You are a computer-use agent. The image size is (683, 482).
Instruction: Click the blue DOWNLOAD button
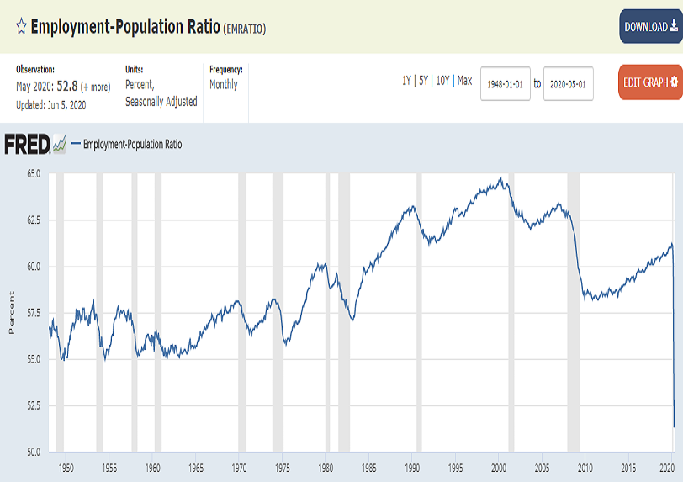[x=650, y=27]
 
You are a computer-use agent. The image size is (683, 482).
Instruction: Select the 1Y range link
[x=407, y=81]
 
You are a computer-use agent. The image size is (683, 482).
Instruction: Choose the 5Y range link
[x=425, y=81]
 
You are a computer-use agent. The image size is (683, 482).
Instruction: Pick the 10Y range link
[x=443, y=81]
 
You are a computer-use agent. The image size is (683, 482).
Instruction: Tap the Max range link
[x=464, y=81]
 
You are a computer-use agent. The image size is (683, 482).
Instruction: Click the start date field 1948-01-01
[x=506, y=84]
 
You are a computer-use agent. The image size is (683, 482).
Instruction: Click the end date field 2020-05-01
[x=569, y=84]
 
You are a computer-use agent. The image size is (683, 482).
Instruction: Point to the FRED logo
[x=34, y=145]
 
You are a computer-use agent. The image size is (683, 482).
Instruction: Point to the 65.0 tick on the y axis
[x=33, y=173]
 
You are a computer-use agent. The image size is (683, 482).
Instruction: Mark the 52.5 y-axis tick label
[x=33, y=405]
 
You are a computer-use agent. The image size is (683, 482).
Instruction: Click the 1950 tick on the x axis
[x=66, y=467]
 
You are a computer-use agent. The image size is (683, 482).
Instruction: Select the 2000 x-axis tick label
[x=499, y=467]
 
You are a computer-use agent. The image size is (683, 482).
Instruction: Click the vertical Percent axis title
[x=12, y=313]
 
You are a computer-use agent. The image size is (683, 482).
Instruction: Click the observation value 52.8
[x=66, y=86]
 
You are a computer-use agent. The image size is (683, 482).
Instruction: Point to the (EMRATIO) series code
[x=244, y=29]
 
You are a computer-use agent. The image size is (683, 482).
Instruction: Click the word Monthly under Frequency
[x=224, y=85]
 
